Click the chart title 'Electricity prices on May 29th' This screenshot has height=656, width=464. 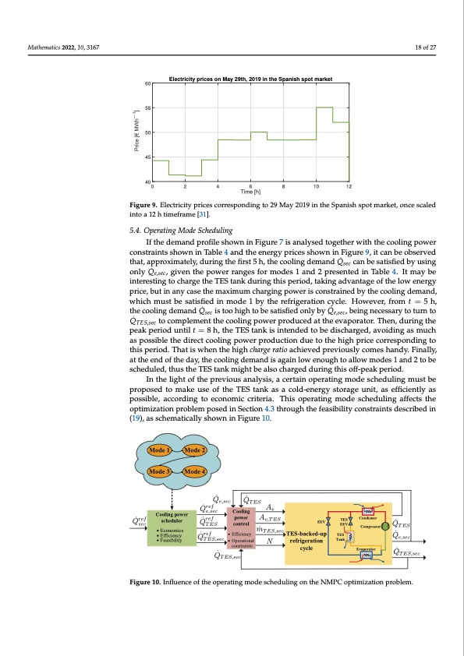click(x=251, y=79)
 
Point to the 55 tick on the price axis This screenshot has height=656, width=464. click(x=147, y=108)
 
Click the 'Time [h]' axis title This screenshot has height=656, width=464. click(x=251, y=192)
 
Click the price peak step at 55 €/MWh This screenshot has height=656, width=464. click(x=324, y=108)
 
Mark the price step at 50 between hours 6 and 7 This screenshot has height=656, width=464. click(x=259, y=133)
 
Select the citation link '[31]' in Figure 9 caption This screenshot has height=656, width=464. click(x=204, y=212)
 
